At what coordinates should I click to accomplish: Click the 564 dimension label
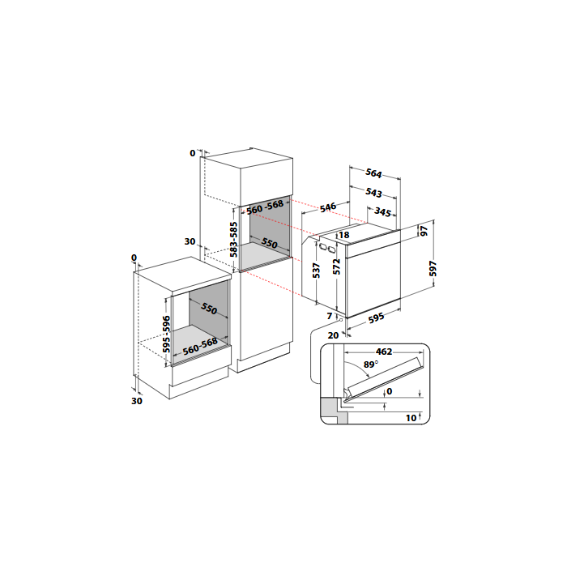pos(373,173)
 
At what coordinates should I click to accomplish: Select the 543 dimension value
pos(373,193)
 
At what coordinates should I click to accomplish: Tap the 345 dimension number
pos(382,211)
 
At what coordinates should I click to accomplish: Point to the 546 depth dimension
pos(328,207)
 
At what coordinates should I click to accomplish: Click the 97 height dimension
pos(424,231)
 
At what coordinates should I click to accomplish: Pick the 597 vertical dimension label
pos(433,269)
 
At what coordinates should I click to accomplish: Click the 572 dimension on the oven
pos(337,266)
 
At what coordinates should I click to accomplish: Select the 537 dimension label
pos(316,271)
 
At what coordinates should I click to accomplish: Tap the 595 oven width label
pos(376,318)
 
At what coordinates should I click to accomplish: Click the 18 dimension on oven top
pos(344,235)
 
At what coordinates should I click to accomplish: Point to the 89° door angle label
pos(371,364)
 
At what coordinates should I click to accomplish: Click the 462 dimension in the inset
pos(384,352)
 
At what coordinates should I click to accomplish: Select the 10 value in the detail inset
pos(411,418)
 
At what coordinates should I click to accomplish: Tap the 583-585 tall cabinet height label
pos(234,240)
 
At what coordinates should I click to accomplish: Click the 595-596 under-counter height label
pos(166,334)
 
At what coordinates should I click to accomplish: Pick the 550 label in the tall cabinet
pos(270,243)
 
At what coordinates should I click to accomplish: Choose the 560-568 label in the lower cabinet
pos(200,346)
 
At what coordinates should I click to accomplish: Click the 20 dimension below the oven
pos(333,335)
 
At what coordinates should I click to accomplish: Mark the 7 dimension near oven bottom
pos(330,316)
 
